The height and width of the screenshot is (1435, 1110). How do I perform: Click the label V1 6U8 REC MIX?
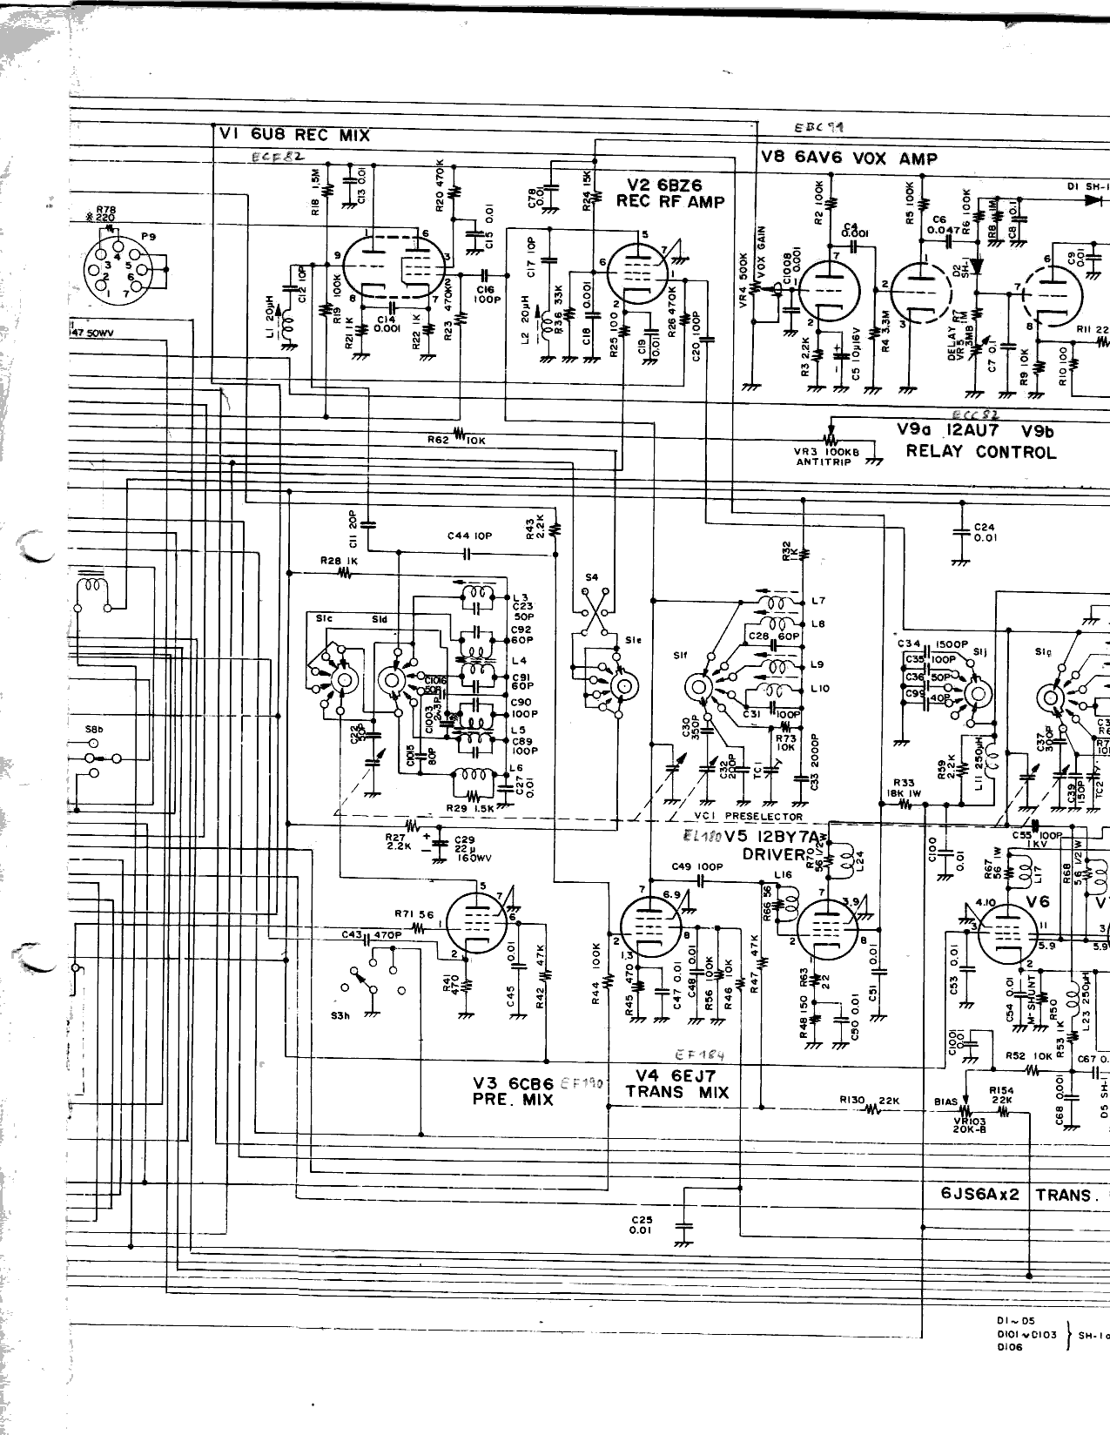pos(294,135)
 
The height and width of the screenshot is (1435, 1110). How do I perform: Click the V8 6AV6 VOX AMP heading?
pos(849,158)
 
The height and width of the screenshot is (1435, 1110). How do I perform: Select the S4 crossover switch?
pos(593,610)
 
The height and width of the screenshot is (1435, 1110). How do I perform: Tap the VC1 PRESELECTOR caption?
pos(748,816)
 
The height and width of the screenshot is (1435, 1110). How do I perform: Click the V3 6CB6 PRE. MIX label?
pos(514,1091)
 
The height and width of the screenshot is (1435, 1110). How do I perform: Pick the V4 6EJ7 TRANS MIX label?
pos(676,1084)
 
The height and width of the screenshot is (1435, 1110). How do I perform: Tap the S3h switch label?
pos(340,1015)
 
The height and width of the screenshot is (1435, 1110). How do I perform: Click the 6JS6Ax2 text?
pos(979,1195)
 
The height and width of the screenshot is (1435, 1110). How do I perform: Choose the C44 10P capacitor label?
pos(469,536)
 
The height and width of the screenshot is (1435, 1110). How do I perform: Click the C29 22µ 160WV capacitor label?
pos(468,849)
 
